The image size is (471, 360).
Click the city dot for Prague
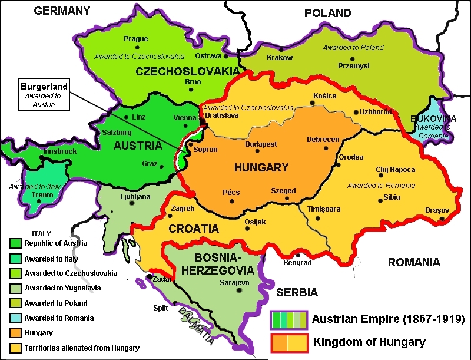[x=136, y=48]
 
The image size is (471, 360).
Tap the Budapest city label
[x=261, y=144]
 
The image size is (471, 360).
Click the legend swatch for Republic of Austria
[x=15, y=243]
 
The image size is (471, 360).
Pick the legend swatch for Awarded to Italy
[x=15, y=259]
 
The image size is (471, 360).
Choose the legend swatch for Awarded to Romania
[x=15, y=318]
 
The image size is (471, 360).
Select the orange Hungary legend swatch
[x=15, y=333]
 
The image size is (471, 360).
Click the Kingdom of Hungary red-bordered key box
[x=289, y=342]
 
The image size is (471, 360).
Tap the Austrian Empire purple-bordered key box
[x=289, y=320]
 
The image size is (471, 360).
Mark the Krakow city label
[x=280, y=58]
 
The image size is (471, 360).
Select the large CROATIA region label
[x=193, y=228]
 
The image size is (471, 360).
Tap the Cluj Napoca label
[x=396, y=170]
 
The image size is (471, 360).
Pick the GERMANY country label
[x=62, y=11]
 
